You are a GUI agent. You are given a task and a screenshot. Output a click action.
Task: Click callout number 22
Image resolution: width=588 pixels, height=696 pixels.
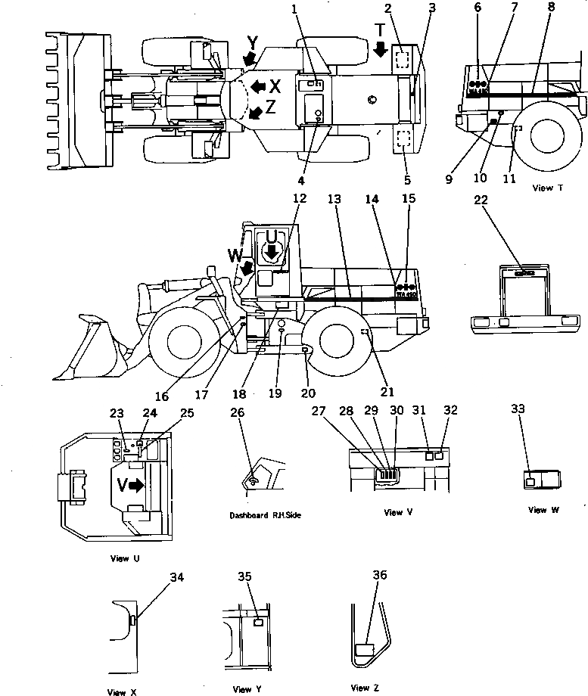pyautogui.click(x=481, y=200)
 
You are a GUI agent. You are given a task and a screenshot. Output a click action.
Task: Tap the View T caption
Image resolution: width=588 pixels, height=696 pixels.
pyautogui.click(x=547, y=188)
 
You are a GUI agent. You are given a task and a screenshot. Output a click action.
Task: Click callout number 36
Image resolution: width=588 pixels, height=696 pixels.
pyautogui.click(x=380, y=575)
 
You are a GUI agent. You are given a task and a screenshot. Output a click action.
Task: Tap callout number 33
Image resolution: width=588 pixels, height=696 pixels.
pyautogui.click(x=518, y=409)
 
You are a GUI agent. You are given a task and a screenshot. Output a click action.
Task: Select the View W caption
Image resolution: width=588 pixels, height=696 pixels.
pyautogui.click(x=543, y=510)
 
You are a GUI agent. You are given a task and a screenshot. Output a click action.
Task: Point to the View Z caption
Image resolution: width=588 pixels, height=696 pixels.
pyautogui.click(x=360, y=688)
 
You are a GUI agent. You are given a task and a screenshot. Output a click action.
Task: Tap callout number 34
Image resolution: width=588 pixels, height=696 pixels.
pyautogui.click(x=176, y=578)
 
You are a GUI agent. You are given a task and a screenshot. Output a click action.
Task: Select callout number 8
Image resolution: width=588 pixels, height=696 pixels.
pyautogui.click(x=551, y=8)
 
